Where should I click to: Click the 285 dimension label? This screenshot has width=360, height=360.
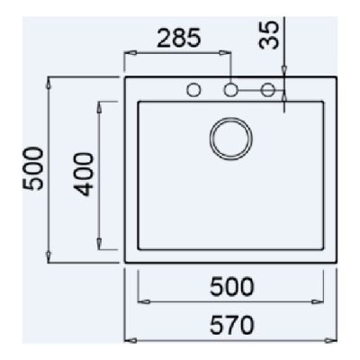177,39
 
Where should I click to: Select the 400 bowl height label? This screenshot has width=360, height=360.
84,175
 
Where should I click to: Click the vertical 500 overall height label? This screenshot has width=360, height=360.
31,169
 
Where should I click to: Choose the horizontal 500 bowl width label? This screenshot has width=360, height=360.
231,287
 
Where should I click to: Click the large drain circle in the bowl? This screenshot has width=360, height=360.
230,138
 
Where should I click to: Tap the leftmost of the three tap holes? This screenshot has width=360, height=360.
193,89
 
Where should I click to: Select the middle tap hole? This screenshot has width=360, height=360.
230,89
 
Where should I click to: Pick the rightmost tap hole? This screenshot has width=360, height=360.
267,89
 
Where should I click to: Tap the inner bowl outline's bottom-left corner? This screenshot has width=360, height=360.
137,249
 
